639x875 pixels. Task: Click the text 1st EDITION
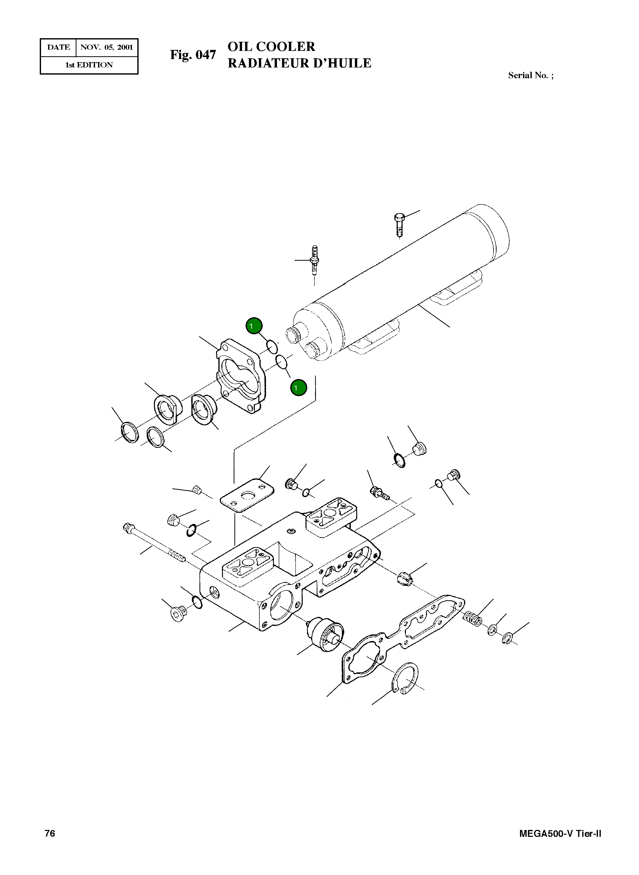coord(89,65)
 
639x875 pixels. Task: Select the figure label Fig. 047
coord(193,55)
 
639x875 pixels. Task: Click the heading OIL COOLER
coord(271,47)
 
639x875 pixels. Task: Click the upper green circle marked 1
coord(254,326)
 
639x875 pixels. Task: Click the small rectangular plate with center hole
coord(247,496)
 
